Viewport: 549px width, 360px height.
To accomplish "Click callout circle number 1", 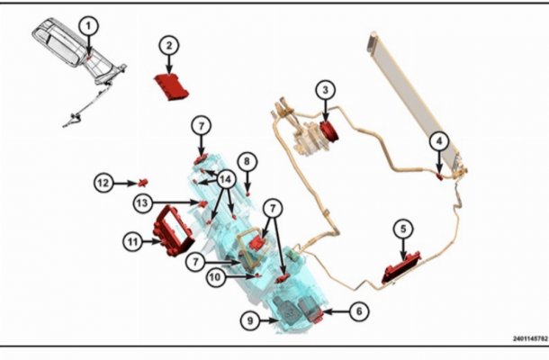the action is [x=88, y=26].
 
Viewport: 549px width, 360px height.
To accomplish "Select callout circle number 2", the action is [x=169, y=46].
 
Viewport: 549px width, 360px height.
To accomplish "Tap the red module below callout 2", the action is [x=172, y=86].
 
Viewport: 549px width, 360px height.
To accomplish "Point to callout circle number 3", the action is [x=326, y=90].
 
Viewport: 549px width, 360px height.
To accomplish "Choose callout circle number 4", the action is [x=439, y=141].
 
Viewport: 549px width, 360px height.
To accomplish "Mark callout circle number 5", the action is [x=403, y=229].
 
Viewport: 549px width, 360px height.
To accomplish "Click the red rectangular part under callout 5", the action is [x=401, y=268].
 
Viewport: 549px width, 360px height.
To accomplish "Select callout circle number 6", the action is [x=359, y=311].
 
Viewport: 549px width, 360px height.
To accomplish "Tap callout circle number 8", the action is [x=247, y=161].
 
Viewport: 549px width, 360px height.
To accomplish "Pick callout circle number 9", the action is [x=250, y=320].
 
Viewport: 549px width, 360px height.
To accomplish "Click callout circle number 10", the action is [x=216, y=277].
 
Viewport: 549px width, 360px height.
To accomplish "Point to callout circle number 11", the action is [x=132, y=241].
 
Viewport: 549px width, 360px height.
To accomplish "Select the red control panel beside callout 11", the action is [x=173, y=231].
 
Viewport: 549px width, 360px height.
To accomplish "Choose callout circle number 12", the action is [x=103, y=183].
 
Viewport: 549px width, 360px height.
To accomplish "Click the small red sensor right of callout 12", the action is [x=143, y=183].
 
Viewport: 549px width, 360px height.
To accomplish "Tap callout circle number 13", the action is [x=142, y=202].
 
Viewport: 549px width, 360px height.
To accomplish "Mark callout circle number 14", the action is [x=226, y=180].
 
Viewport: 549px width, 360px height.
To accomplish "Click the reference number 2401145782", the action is [x=530, y=338].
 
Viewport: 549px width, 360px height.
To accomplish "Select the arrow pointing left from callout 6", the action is [x=336, y=311].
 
